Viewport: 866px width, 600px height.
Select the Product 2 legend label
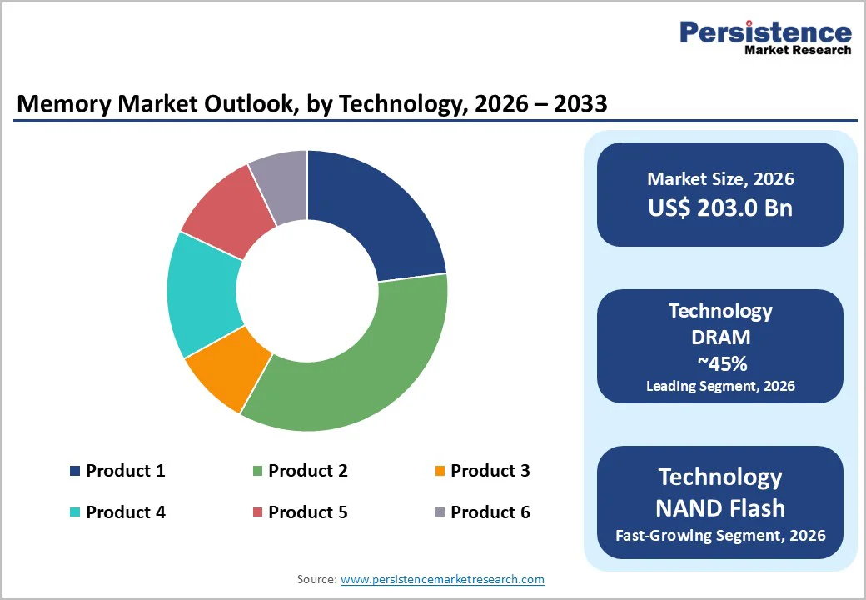307,471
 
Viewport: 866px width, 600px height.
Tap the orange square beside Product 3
440,472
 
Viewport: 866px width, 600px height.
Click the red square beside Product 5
257,512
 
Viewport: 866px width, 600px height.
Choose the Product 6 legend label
490,512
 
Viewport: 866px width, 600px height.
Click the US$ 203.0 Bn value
720,207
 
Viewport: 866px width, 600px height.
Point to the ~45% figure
720,362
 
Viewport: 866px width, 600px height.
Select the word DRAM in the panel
720,337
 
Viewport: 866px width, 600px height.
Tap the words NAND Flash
720,507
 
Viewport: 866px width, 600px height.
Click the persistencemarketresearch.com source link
442,579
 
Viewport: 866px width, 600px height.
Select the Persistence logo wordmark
765,32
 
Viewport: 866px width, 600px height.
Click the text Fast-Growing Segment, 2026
720,535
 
